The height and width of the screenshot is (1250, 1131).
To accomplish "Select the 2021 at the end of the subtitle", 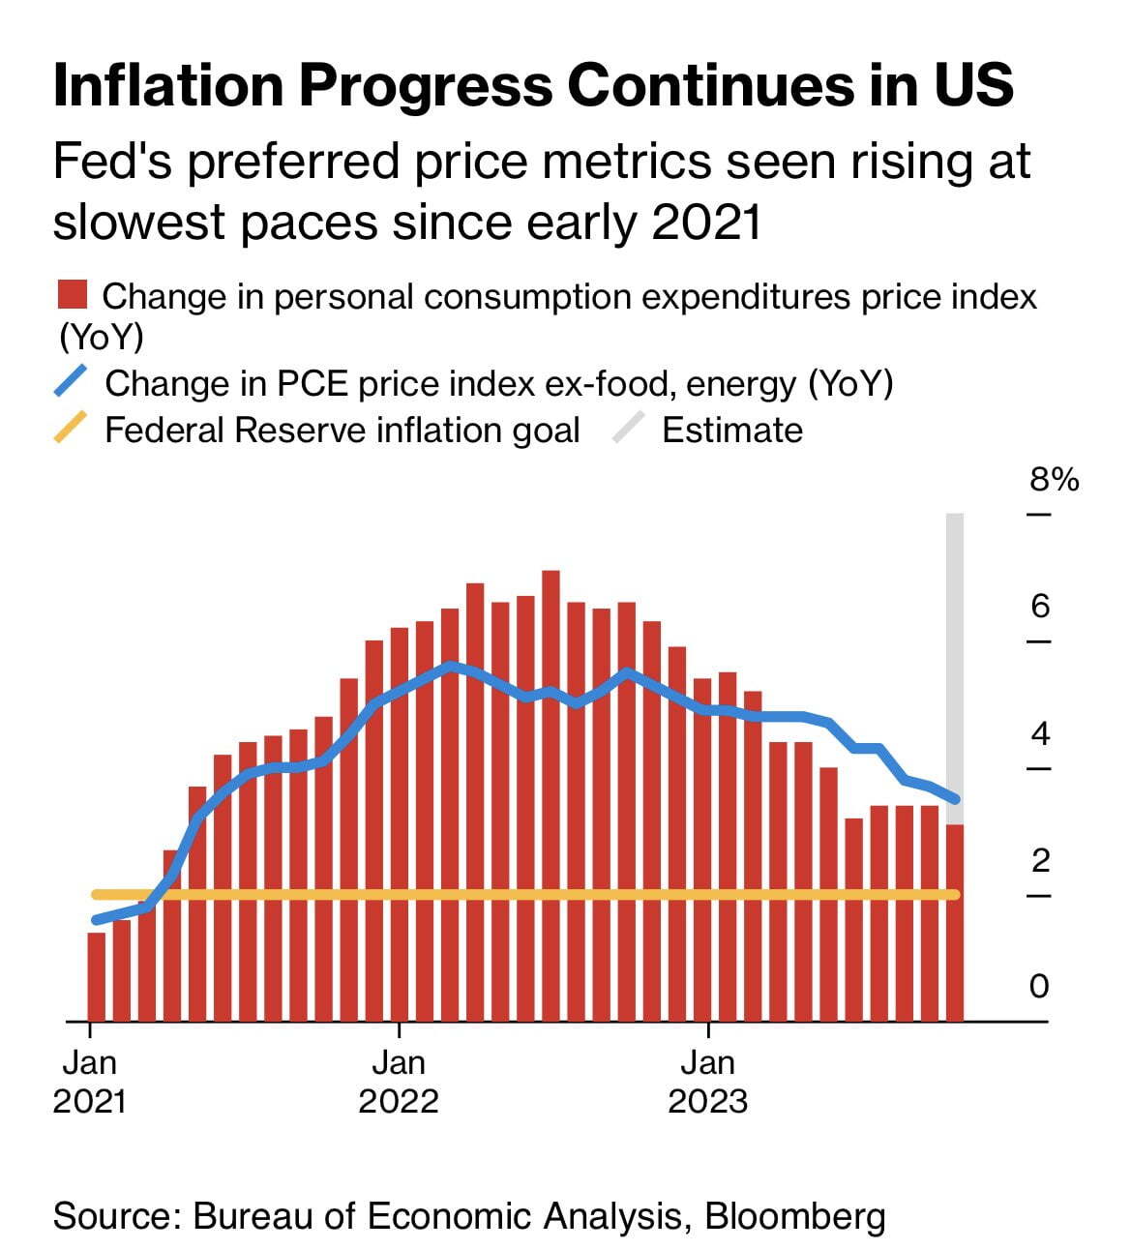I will click(706, 222).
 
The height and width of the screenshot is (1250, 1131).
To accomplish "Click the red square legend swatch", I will click(73, 294).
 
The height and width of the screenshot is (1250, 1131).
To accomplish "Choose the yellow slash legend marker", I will click(71, 428).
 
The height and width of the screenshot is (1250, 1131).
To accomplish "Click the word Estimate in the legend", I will click(731, 431).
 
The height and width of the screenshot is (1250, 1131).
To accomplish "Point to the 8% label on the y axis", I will click(1054, 480).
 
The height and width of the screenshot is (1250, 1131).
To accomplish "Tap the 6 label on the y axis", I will click(1040, 607).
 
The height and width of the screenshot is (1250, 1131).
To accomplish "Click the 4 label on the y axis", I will click(1040, 734).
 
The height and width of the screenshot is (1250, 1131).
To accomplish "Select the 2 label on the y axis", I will click(1040, 860).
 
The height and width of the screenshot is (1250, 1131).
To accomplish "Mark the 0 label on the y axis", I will click(1039, 987).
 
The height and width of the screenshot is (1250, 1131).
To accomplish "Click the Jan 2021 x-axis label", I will click(89, 1082).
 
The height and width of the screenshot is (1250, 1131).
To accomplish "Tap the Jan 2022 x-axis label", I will click(399, 1082).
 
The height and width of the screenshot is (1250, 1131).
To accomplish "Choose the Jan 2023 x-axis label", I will click(707, 1082).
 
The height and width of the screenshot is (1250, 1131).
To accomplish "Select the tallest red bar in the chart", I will click(551, 793).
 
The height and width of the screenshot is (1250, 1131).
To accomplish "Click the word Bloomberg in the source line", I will click(794, 1216).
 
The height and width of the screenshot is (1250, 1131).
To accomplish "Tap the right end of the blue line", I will click(955, 798).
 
